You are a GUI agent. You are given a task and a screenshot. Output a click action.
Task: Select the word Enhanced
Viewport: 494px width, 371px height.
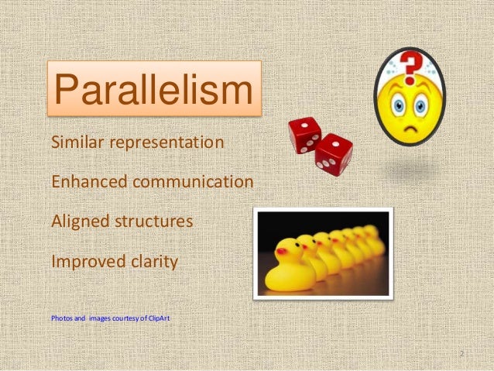click(x=86, y=182)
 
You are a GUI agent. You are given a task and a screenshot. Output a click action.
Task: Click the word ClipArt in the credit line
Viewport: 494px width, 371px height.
click(x=169, y=318)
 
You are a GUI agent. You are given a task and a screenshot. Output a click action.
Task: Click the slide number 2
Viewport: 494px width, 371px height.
click(x=461, y=354)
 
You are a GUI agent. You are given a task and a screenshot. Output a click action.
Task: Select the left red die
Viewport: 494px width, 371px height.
click(x=304, y=134)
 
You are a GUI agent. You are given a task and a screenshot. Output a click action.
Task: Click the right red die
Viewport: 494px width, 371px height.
click(x=334, y=153)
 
